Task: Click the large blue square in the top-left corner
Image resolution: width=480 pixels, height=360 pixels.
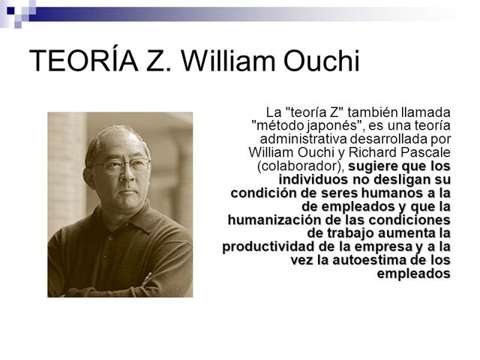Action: [8, 8]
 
